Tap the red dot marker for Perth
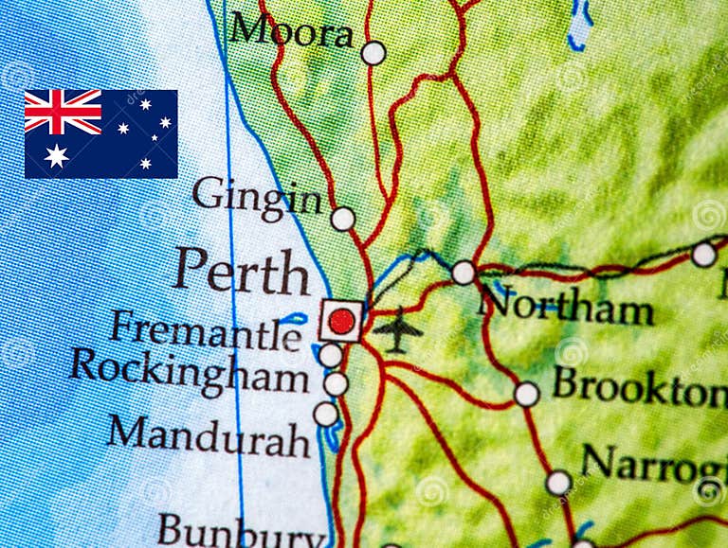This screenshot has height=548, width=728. coord(340,321)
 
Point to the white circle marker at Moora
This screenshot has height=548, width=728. coord(373,53)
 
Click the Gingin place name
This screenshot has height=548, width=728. coord(257,198)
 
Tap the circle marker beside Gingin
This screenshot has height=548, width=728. coord(342,219)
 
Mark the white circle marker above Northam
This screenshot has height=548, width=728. coord(463,273)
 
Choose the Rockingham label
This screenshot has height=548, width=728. coord(190,370)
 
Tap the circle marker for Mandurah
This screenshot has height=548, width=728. coord(325,415)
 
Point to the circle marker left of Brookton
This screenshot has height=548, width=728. coord(526,394)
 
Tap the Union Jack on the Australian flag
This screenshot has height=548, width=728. coord(63,112)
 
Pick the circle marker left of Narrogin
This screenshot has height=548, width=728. coord(558,483)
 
